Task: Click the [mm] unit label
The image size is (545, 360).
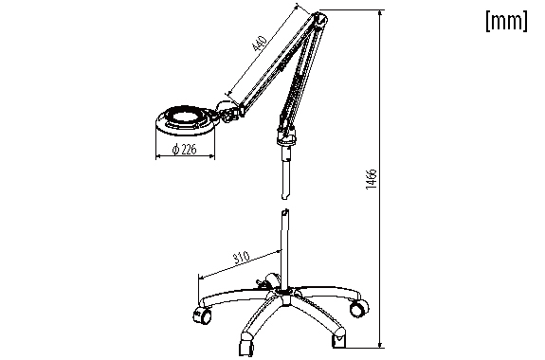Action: (x=506, y=21)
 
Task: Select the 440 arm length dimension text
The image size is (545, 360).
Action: (x=260, y=43)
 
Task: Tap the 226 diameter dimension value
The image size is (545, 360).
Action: (x=189, y=150)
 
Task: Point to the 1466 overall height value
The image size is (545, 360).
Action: (x=372, y=179)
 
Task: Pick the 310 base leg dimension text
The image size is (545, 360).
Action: (x=241, y=258)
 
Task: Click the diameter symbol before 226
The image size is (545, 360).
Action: (x=176, y=150)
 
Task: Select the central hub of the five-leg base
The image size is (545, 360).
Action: (x=285, y=294)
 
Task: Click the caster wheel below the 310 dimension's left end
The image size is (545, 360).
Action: (x=202, y=315)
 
